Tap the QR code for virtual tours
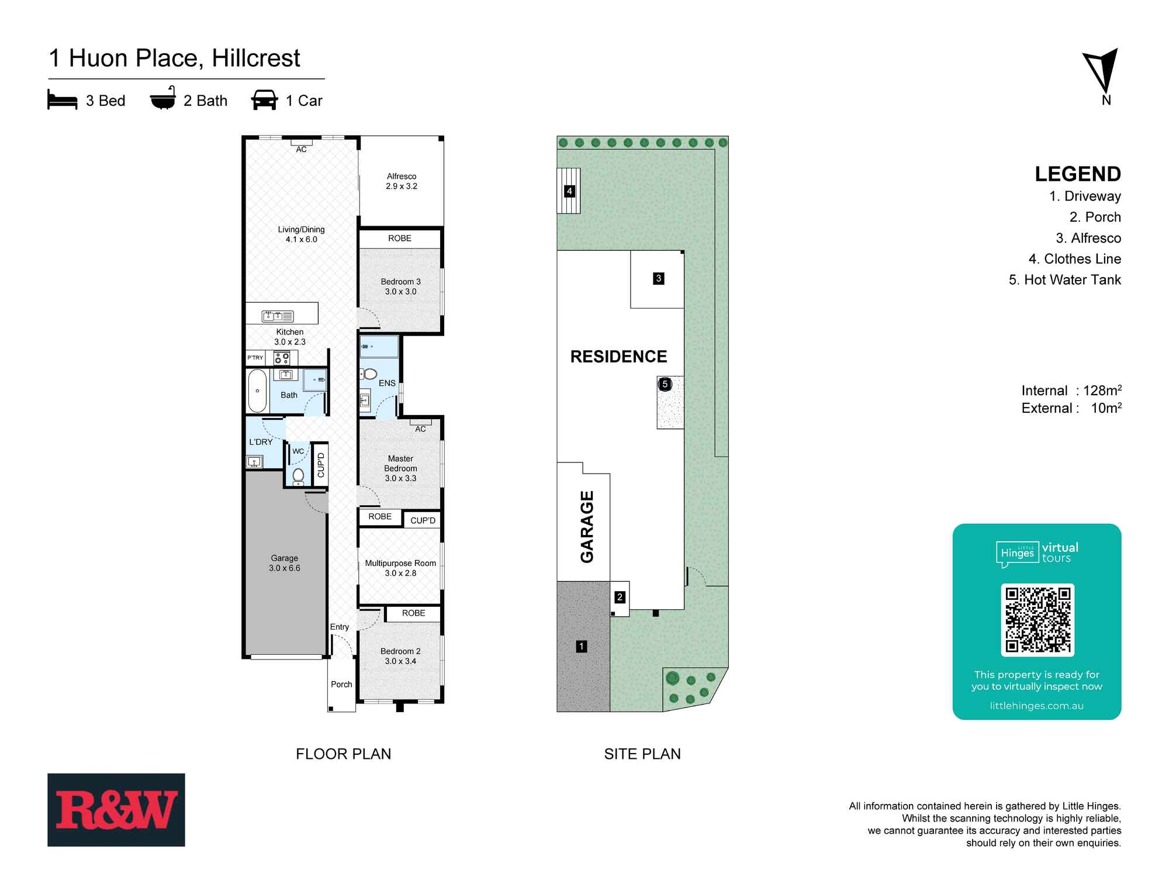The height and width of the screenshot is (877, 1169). point(1037,620)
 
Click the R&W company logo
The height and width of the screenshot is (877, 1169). point(116,810)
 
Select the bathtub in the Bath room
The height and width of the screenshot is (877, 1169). point(257,391)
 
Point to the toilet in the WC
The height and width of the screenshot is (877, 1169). point(298,475)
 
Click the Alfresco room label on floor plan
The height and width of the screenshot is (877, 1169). point(402,181)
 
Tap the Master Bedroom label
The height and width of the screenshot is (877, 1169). point(400,468)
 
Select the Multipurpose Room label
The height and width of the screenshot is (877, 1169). point(400,568)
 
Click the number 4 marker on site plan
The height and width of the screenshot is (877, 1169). point(569,191)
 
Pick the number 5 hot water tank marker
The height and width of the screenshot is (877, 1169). point(665,384)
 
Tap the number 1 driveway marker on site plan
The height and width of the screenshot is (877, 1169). point(581,646)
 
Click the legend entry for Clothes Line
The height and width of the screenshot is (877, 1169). point(1074,259)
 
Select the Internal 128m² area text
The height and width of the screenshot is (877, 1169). point(1071,391)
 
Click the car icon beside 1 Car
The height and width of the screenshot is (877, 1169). point(264,100)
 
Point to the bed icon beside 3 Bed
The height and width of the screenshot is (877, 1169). point(62,100)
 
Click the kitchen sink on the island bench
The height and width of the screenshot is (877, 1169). point(278,316)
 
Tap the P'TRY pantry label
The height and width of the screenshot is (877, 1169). point(255,357)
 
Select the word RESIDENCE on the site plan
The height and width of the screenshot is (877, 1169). point(618,357)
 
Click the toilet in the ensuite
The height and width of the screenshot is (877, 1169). point(369,374)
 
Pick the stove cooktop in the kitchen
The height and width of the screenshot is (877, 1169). point(282,358)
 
